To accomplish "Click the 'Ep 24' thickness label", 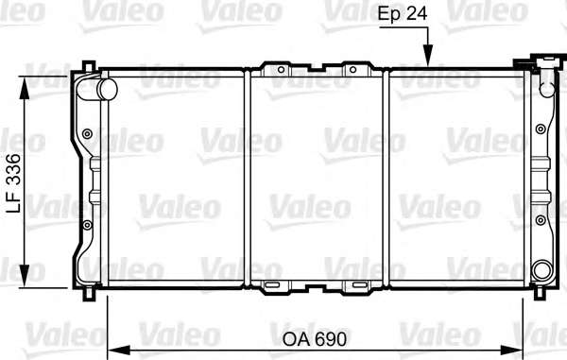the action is [x=403, y=13].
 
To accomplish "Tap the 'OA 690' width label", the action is [x=315, y=339].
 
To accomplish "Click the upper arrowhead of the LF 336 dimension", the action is [x=25, y=88].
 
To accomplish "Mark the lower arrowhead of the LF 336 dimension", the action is [x=25, y=276].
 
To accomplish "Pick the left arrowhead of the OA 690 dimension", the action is [x=119, y=351].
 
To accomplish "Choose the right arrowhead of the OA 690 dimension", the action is [x=511, y=351].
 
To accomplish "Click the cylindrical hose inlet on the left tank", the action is [x=107, y=89].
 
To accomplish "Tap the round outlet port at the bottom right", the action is [x=542, y=270].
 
